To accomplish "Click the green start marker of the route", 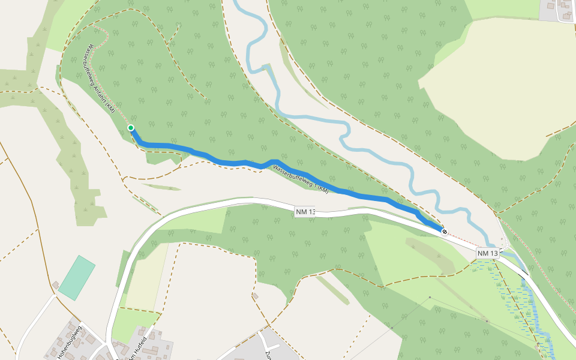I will [131, 128].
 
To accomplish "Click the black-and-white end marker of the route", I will [444, 231].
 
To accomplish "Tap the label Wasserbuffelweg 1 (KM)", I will [301, 179].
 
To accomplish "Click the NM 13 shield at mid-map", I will [305, 212].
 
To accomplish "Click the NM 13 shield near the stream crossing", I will [487, 254].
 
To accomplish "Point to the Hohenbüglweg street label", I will [70, 343].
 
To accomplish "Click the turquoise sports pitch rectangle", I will [77, 278].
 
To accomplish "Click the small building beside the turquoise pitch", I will [56, 284].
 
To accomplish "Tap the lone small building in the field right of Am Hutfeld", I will [256, 296].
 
